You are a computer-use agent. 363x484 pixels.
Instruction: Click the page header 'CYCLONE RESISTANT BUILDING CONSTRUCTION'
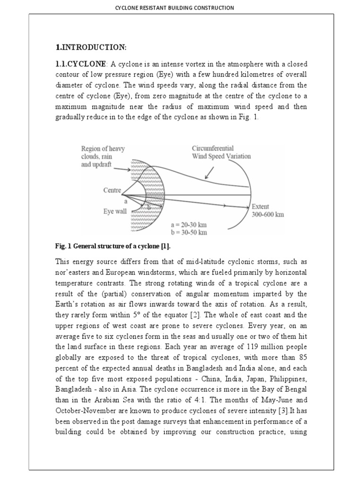[x=181, y=8]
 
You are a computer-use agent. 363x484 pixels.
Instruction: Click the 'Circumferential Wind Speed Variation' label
[x=221, y=152]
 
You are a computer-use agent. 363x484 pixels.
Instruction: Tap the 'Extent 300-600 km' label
[x=268, y=210]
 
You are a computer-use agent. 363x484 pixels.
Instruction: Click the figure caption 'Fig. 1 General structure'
[x=112, y=247]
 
